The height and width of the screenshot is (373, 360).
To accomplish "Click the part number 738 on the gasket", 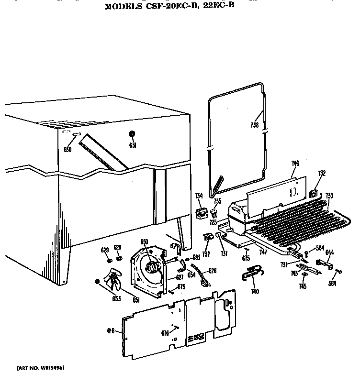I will (x=254, y=126).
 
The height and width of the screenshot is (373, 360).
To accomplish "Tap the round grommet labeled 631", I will (x=133, y=134).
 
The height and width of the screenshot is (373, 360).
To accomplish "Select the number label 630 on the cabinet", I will (x=67, y=150).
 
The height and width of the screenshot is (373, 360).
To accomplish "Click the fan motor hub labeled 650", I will (x=153, y=266).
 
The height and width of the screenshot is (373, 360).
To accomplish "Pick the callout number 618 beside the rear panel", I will (x=111, y=330).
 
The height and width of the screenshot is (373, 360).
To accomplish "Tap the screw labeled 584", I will (x=340, y=272).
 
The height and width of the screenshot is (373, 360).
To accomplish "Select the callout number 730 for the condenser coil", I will (x=329, y=195).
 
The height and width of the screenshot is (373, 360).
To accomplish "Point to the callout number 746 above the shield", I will (x=295, y=164).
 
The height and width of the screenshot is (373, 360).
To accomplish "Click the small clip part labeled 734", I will (x=201, y=213).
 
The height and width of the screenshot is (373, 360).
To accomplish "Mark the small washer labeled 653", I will (x=98, y=282).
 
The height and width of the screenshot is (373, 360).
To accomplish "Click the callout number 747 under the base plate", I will (x=263, y=252).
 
